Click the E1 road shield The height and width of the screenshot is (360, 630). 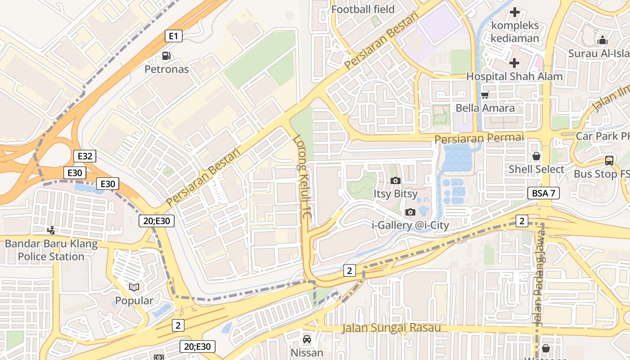[x=174, y=36]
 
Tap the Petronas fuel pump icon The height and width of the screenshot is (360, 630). [x=166, y=56]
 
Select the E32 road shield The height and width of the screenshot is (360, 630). [x=85, y=156]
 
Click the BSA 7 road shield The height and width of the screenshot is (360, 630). [x=543, y=193]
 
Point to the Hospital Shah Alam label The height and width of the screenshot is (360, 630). [x=514, y=76]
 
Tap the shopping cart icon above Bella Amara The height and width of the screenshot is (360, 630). [x=485, y=95]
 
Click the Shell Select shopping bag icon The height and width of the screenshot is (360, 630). [x=536, y=157]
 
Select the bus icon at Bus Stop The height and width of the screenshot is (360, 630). [x=609, y=161]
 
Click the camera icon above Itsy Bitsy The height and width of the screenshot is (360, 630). [x=396, y=181]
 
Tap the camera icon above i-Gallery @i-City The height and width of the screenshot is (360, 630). [x=409, y=212]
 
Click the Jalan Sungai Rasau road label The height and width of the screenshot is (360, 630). [x=391, y=328]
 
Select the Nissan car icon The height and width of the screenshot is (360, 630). [x=307, y=339]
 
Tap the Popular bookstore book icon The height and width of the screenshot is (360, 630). [x=134, y=287]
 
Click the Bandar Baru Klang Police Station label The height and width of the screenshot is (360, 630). [x=51, y=250]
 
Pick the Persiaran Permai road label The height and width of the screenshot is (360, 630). [x=479, y=138]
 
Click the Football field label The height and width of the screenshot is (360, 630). [x=363, y=9]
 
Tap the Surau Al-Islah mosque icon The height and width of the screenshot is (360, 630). [x=603, y=40]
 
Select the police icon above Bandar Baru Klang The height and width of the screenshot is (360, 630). [x=51, y=230]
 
